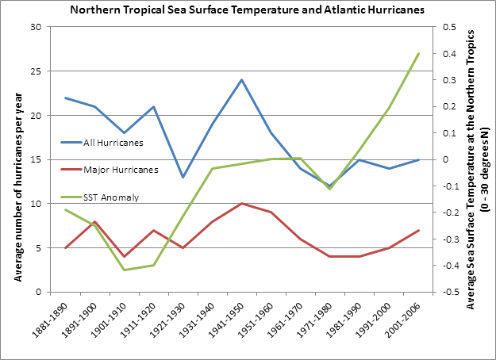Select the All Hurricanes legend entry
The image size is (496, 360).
pos(112,143)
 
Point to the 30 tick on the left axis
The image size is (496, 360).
pos(36,27)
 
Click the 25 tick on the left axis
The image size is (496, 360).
pos(36,71)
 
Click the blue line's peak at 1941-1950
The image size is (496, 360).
pos(242,80)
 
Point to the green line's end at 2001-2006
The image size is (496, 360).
pos(418,54)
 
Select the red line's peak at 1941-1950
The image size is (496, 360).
pos(242,204)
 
